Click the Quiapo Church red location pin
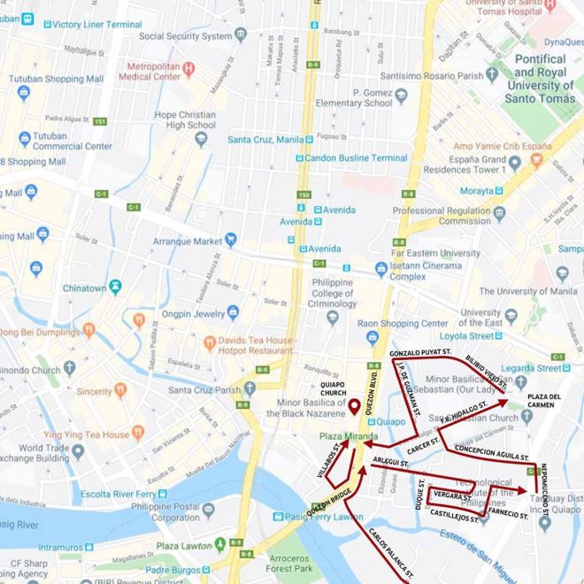click(353, 407)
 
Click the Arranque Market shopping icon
click(231, 240)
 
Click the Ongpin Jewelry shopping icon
click(234, 311)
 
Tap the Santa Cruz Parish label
click(204, 389)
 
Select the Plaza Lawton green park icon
click(219, 543)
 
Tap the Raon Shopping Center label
click(403, 324)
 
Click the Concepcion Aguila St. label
click(491, 451)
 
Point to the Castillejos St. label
click(449, 519)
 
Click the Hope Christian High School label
click(185, 119)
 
